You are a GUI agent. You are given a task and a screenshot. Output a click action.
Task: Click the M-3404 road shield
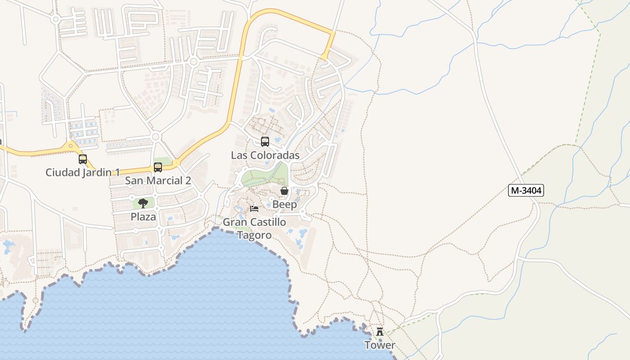coord(526,190)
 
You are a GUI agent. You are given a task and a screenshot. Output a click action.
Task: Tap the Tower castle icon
coord(380,332)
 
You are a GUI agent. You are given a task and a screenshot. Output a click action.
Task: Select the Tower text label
coord(380,345)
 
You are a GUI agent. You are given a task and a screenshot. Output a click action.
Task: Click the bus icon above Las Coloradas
coord(265,142)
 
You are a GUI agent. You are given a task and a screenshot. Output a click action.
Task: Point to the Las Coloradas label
coord(265,155)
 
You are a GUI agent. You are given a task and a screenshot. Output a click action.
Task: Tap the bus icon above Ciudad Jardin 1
coord(83,159)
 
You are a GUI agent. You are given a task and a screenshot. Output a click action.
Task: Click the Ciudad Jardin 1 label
coord(83,172)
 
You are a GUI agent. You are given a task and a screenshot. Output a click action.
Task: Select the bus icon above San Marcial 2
coord(158,167)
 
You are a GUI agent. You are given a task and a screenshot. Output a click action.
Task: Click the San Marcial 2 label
coord(158,180)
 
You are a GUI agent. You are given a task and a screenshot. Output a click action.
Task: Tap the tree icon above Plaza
coord(143,203)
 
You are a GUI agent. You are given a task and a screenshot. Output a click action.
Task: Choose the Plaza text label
coord(143,216)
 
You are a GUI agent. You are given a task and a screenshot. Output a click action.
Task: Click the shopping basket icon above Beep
coord(284,191)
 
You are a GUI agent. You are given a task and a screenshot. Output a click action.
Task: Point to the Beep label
coord(284,204)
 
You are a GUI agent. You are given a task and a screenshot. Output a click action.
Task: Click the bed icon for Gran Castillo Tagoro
coord(254,209)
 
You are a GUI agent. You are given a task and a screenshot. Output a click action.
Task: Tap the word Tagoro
coord(254,235)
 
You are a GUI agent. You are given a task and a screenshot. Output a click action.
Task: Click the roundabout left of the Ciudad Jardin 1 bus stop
coord(71,146)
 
